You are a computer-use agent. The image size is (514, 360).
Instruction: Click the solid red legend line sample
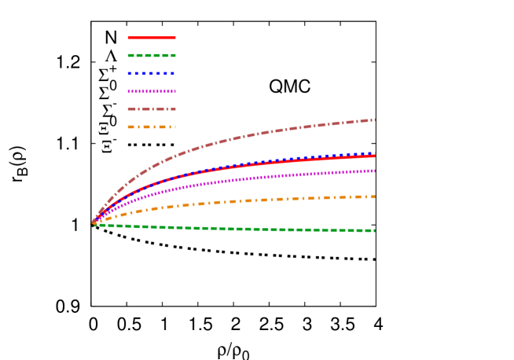click(152, 38)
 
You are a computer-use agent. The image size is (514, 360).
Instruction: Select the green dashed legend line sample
click(152, 56)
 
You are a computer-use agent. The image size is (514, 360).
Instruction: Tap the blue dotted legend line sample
click(152, 73)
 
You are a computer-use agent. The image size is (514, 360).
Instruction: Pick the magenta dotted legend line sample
click(152, 91)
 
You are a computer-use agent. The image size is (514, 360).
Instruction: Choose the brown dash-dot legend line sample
click(152, 109)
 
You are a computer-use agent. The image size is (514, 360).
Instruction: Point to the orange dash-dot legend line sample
click(152, 127)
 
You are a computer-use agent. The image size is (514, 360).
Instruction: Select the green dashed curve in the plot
click(236, 229)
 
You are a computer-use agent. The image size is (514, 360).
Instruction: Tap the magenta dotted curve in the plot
click(236, 180)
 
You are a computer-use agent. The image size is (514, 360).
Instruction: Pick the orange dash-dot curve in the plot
click(236, 201)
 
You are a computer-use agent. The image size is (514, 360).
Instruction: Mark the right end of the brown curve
click(375, 120)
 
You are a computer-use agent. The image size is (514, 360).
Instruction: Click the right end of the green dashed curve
click(375, 230)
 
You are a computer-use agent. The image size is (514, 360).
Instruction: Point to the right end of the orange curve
click(375, 197)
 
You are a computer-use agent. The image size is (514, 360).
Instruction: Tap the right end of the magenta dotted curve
click(375, 171)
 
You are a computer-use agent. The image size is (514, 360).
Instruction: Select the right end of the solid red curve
click(375, 156)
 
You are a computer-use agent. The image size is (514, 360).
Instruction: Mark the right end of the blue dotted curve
click(375, 154)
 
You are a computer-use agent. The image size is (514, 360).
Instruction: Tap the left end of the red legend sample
click(128, 38)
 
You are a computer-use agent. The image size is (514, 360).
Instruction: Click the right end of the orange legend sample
click(175, 127)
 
